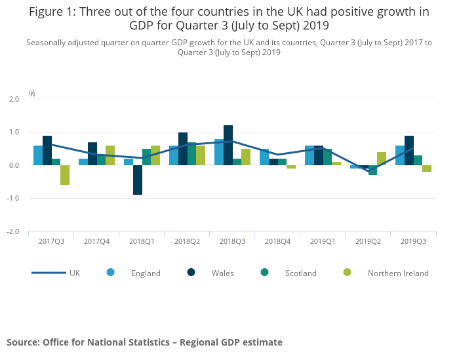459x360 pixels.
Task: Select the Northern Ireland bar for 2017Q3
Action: click(65, 175)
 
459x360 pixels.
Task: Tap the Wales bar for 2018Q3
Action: click(228, 145)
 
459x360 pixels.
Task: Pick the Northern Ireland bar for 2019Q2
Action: click(382, 159)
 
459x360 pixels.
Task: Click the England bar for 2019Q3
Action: click(400, 155)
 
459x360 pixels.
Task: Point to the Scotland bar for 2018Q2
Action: click(191, 154)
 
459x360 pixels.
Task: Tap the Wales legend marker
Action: click(191, 273)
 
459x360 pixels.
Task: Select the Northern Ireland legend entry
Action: click(387, 273)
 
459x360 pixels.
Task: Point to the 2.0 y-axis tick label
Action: click(14, 99)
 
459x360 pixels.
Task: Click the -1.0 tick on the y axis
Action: click(13, 199)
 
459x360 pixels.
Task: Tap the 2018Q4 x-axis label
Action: click(277, 241)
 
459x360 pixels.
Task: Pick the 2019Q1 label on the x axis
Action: click(323, 241)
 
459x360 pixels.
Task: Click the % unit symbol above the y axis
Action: click(32, 94)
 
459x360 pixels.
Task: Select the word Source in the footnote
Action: click(23, 342)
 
